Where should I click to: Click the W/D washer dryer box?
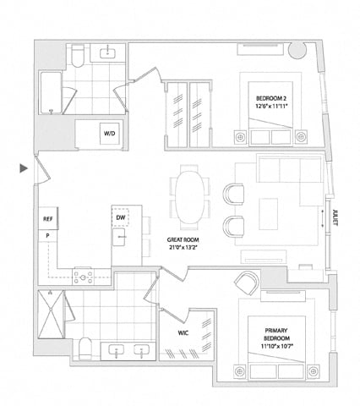tap(110, 134)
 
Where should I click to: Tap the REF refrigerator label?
tap(47, 219)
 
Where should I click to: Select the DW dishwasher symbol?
tap(120, 217)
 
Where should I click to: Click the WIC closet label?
tap(183, 333)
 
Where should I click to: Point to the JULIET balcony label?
tap(335, 217)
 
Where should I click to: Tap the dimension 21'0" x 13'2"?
tap(183, 248)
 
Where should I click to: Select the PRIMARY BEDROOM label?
tap(276, 334)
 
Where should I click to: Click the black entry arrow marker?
tap(24, 168)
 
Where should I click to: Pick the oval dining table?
tap(190, 197)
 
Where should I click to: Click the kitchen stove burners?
tap(83, 277)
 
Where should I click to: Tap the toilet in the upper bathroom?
tap(78, 56)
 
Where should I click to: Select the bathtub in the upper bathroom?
tap(51, 93)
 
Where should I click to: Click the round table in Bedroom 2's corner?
tap(297, 50)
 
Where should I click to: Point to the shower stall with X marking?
tap(51, 314)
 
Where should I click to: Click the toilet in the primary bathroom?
tap(85, 348)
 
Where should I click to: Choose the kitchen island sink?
tap(119, 237)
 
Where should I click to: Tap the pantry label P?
tap(47, 235)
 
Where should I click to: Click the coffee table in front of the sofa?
tap(269, 214)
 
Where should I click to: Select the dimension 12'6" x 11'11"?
tap(272, 106)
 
